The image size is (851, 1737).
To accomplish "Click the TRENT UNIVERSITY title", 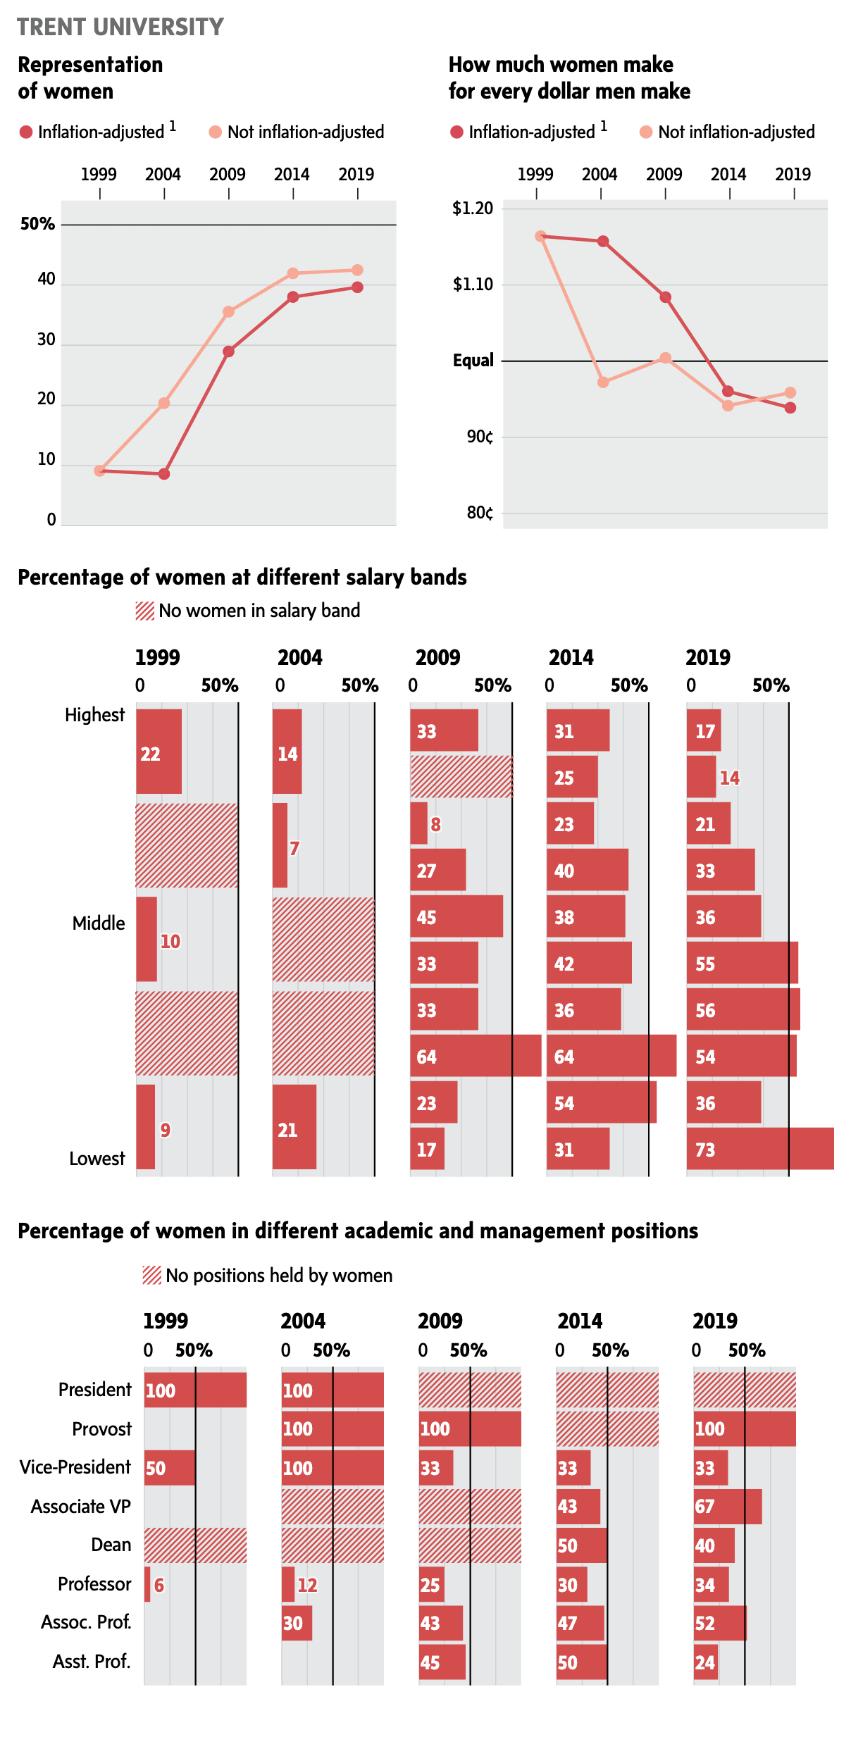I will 120,27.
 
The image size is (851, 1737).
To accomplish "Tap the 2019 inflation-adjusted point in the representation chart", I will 357,287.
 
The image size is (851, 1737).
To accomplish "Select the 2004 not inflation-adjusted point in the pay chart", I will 603,382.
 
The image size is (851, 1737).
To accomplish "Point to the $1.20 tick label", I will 473,208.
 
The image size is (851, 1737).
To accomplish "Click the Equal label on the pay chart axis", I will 473,361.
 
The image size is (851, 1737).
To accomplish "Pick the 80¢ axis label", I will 480,513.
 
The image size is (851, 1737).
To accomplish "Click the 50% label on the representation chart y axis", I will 37,224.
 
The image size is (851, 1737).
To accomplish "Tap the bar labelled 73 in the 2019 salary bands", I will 759,1149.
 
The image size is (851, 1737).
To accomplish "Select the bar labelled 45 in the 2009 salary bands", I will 456,916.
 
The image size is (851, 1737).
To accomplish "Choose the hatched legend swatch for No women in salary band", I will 145,611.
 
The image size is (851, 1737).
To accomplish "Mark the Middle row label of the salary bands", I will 99,923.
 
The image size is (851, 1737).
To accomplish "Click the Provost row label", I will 101,1429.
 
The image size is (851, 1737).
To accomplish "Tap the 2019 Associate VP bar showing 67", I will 728,1507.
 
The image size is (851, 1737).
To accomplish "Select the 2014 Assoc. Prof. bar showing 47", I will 580,1623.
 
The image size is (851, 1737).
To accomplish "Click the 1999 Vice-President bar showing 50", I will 170,1468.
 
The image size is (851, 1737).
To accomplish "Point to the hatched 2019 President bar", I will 745,1390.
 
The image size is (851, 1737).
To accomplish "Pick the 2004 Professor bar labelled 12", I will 288,1584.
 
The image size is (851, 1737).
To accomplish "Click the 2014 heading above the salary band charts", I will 571,658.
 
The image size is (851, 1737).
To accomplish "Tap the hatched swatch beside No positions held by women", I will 152,1276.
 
